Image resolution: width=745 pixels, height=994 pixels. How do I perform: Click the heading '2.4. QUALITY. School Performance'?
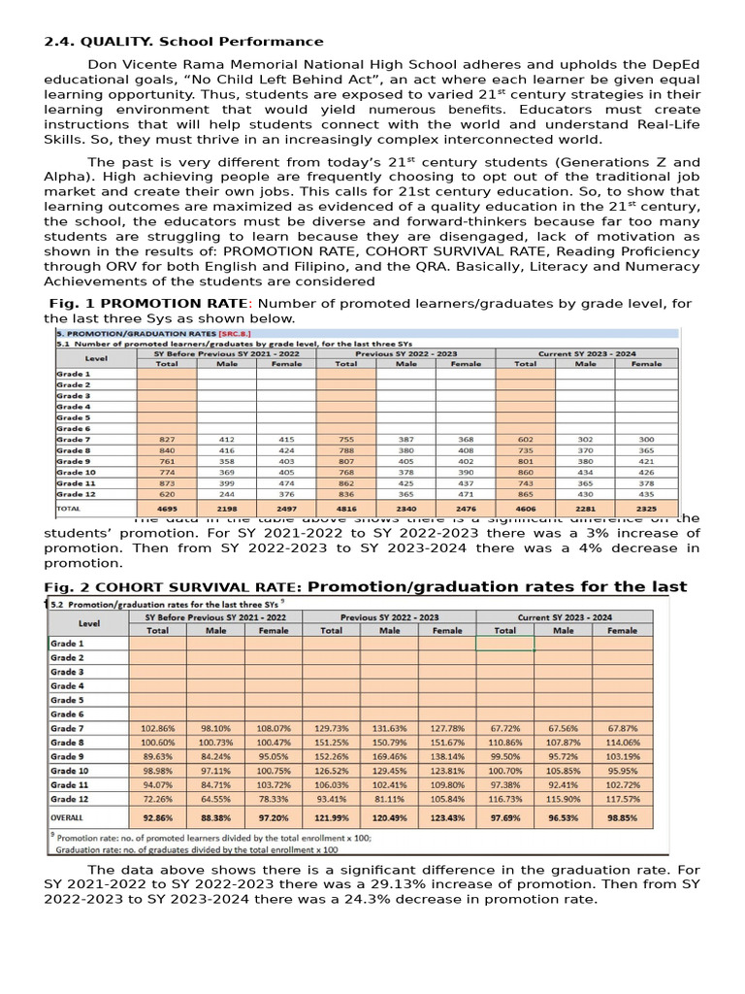tap(184, 42)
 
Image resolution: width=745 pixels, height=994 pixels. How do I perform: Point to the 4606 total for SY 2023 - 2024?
tap(526, 508)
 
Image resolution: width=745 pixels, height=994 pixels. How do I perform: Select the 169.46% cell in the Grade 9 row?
tap(389, 756)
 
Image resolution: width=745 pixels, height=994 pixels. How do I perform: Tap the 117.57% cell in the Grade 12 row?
tap(622, 798)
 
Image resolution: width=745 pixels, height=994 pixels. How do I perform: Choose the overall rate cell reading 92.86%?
tap(157, 818)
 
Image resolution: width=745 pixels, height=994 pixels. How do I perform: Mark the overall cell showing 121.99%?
tap(332, 818)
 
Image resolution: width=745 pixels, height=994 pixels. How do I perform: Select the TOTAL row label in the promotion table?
tap(69, 508)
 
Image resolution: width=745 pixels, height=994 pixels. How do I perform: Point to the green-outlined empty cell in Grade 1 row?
tap(504, 644)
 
